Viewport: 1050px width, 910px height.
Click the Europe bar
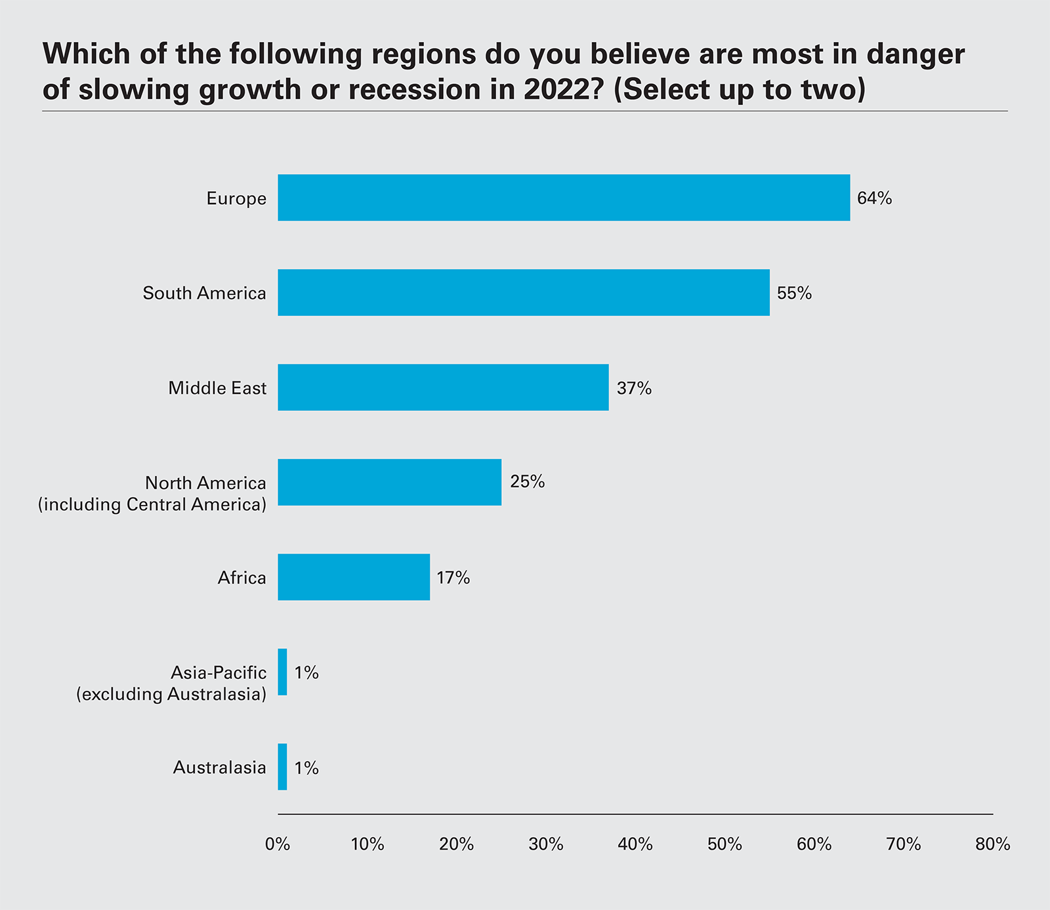click(x=563, y=198)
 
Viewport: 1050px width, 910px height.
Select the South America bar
click(x=523, y=292)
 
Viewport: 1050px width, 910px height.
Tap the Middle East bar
click(x=443, y=387)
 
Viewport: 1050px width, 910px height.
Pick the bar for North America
click(x=389, y=482)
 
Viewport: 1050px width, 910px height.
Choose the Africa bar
click(x=354, y=577)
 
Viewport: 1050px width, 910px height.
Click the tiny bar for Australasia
click(x=282, y=767)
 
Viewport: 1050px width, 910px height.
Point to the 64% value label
click(x=874, y=198)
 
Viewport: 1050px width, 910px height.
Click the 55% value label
click(x=794, y=293)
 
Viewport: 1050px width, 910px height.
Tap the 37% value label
click(x=634, y=389)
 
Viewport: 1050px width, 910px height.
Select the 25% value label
click(x=527, y=482)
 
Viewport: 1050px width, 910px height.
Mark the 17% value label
click(x=453, y=578)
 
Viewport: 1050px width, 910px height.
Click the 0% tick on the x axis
click(x=278, y=844)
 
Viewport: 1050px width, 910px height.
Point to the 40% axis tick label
click(x=635, y=844)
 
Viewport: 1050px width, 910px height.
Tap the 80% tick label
click(x=992, y=844)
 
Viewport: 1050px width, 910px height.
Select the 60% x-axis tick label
click(x=814, y=844)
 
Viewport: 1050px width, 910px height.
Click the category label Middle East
click(x=217, y=388)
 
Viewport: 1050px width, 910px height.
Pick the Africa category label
click(x=241, y=578)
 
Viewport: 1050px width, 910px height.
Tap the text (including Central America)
click(x=152, y=504)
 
